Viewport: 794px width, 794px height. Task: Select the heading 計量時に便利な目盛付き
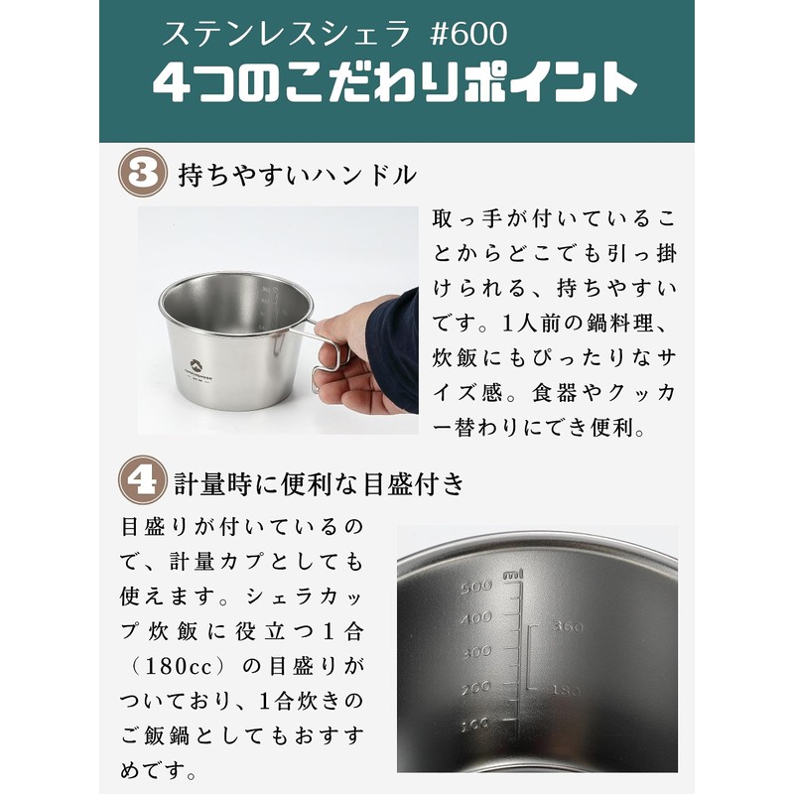pyautogui.click(x=319, y=483)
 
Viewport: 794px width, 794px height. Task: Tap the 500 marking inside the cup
pyautogui.click(x=477, y=586)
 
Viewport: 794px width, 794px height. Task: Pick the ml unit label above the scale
pyautogui.click(x=513, y=575)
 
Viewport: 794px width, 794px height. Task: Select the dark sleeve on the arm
pyautogui.click(x=396, y=337)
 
